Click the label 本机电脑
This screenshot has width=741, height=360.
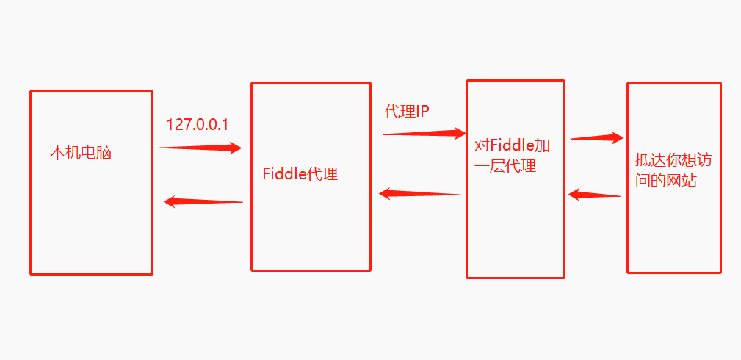tap(81, 154)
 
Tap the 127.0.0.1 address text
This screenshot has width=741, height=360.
tap(198, 125)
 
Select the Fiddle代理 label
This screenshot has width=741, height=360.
tap(300, 175)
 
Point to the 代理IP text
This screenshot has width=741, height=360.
tap(406, 112)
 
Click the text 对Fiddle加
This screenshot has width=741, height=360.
tap(513, 144)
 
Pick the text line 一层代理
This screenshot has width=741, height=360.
tap(505, 166)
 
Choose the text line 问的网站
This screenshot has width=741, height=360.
tap(666, 181)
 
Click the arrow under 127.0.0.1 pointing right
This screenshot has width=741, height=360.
tap(200, 148)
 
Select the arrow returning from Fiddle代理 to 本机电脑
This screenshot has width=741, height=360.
tap(203, 201)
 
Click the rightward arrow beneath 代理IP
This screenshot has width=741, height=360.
tap(424, 134)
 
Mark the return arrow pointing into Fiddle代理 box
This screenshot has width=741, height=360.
tap(419, 193)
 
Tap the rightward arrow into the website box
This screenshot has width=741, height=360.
tap(597, 137)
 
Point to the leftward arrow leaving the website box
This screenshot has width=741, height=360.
tap(594, 195)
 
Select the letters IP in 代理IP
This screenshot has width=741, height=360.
tap(423, 112)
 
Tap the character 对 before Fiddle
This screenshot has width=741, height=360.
tap(482, 144)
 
